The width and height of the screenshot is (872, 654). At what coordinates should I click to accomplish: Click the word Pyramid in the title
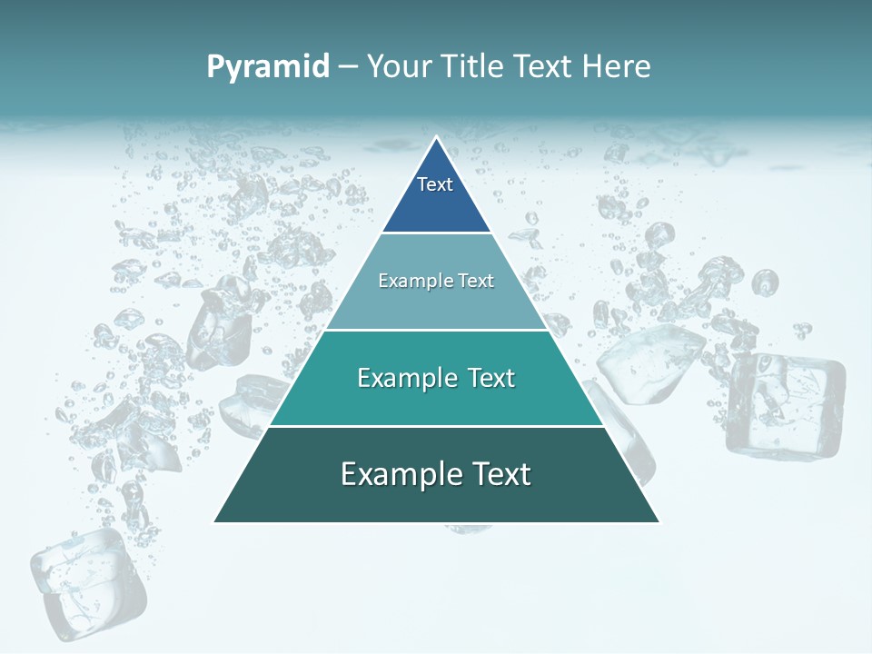(x=268, y=66)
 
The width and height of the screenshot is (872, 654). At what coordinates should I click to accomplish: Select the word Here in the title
(x=617, y=66)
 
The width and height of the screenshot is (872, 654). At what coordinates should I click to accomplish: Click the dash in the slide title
(x=348, y=67)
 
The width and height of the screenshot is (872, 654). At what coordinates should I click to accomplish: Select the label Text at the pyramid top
(x=435, y=184)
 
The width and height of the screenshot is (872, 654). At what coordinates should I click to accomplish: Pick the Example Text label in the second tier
(x=436, y=281)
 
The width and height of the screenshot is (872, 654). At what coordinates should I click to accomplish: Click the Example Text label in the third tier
(x=436, y=377)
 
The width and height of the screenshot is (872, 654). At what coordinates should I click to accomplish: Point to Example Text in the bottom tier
(x=436, y=473)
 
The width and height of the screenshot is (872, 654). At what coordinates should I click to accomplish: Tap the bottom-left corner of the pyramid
(x=214, y=521)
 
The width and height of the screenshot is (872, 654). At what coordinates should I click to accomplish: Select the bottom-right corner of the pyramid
(x=659, y=521)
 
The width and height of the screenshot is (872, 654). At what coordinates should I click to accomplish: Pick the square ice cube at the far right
(x=786, y=403)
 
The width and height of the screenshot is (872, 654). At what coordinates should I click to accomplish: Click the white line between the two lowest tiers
(x=436, y=426)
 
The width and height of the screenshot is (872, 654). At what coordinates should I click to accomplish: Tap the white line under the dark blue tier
(x=436, y=233)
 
